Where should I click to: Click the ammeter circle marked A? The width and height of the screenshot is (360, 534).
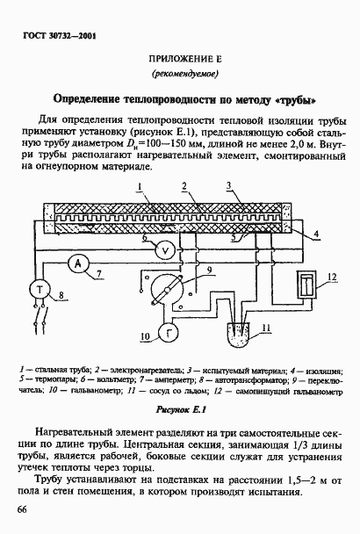76,265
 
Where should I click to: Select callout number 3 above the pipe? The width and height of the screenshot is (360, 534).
228,186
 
